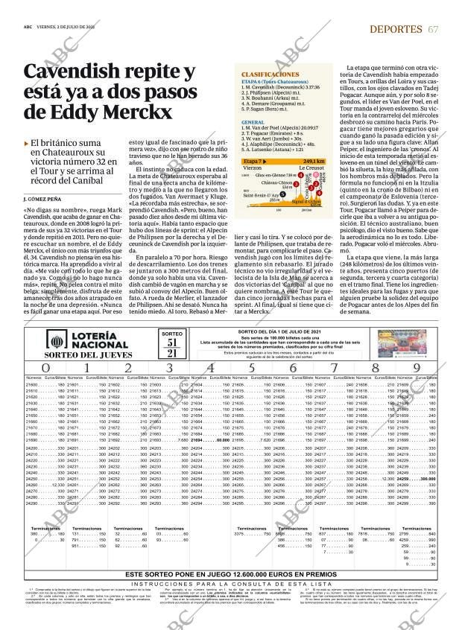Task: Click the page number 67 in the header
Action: pos(433,28)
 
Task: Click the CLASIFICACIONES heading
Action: pos(270,75)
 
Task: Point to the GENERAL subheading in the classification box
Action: pos(253,121)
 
